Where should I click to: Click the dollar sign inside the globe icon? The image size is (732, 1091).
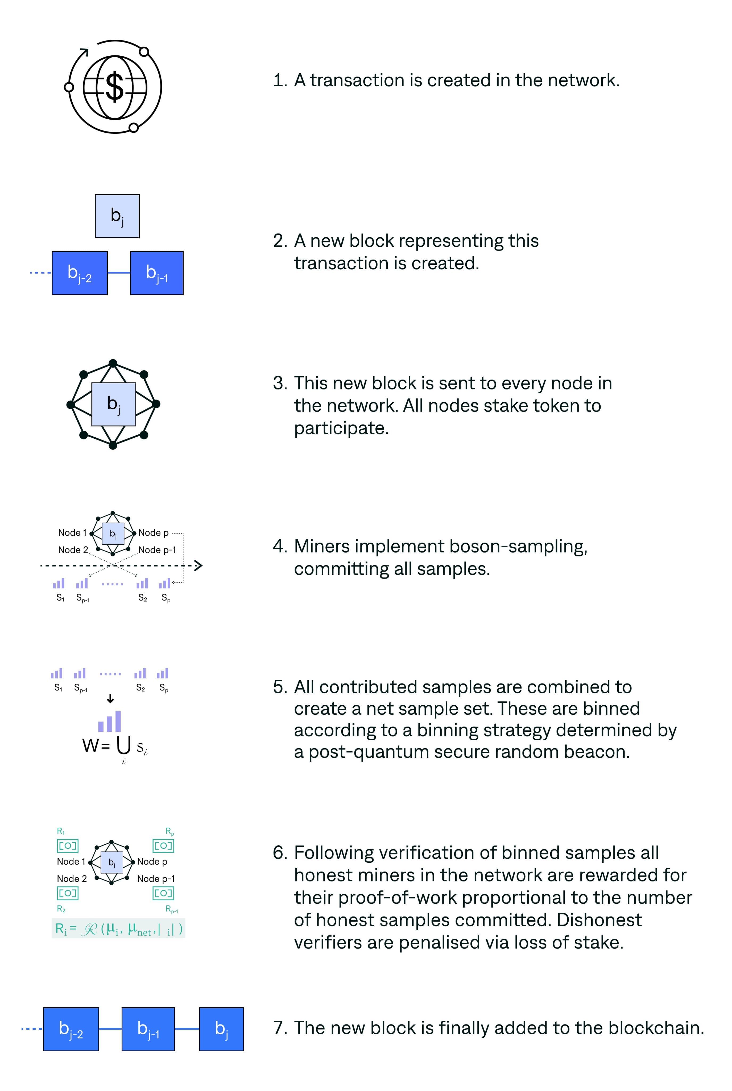point(115,87)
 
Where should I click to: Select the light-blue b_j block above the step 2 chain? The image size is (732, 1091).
point(117,216)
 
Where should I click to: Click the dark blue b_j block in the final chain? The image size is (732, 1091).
point(221,1029)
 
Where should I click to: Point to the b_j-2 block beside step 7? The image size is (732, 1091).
point(71,1029)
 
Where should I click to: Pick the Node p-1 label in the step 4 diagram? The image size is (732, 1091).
point(157,550)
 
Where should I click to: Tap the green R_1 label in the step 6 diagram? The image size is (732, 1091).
point(61,831)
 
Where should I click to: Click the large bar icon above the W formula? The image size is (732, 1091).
point(110,722)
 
